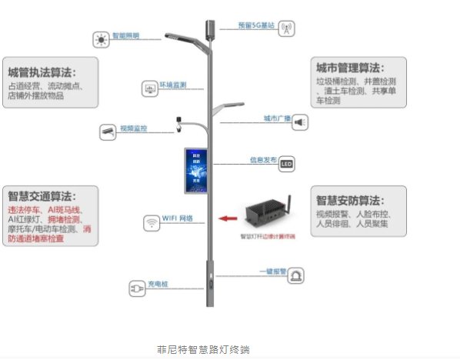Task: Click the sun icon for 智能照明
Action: [x=100, y=38]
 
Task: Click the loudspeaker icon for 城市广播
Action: [x=299, y=122]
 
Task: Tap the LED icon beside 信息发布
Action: [x=286, y=164]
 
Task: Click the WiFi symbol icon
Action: [x=151, y=223]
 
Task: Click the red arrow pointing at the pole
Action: [x=227, y=218]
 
